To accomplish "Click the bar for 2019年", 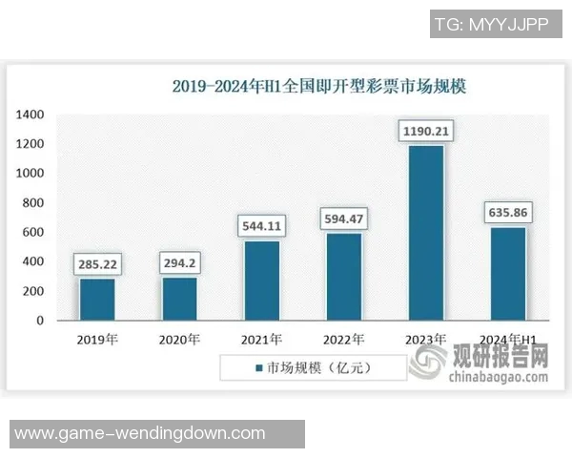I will coord(96,299).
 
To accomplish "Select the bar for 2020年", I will coord(179,299).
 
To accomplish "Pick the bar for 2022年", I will coord(344,277).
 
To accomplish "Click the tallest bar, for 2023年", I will coord(425,233).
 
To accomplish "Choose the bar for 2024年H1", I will coord(508,274).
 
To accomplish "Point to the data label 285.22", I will coord(96,262).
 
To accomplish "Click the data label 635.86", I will coord(508,211).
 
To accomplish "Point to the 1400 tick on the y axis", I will coord(30,115).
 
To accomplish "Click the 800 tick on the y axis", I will coord(33,203).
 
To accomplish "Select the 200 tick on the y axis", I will coord(33,291).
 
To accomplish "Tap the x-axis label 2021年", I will coord(261,339).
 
